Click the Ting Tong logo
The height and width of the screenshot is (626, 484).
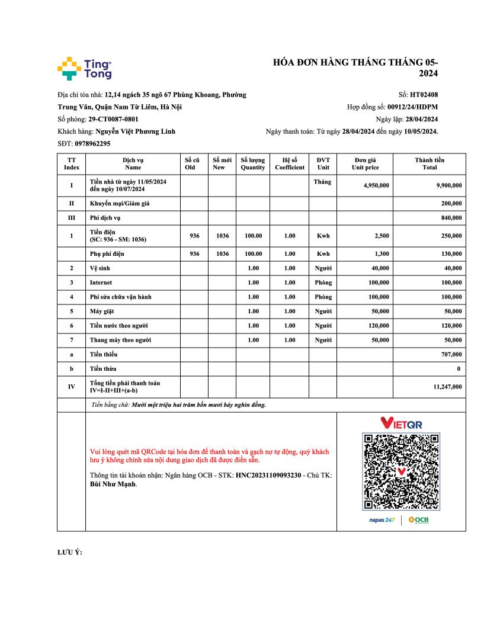(x=84, y=69)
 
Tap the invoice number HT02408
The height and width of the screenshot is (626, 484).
(x=424, y=94)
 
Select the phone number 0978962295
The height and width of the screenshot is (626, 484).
(x=92, y=144)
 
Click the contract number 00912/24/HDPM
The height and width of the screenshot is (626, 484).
(x=412, y=107)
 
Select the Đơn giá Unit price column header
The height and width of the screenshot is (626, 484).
(x=365, y=163)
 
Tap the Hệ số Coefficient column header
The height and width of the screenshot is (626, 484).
(x=289, y=163)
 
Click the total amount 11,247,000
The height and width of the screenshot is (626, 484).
(x=447, y=387)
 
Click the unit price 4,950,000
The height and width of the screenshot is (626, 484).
(x=376, y=185)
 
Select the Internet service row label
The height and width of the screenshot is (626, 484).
(x=101, y=282)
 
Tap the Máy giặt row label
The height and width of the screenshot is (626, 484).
(x=101, y=311)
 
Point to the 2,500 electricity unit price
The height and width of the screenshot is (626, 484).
(x=382, y=236)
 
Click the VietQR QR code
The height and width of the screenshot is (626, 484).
(x=401, y=471)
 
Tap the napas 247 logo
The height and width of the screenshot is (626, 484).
(x=382, y=520)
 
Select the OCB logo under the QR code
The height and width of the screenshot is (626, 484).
(x=418, y=520)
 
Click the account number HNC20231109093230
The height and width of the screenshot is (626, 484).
(x=277, y=475)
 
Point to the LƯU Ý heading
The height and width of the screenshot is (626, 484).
(x=69, y=553)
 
